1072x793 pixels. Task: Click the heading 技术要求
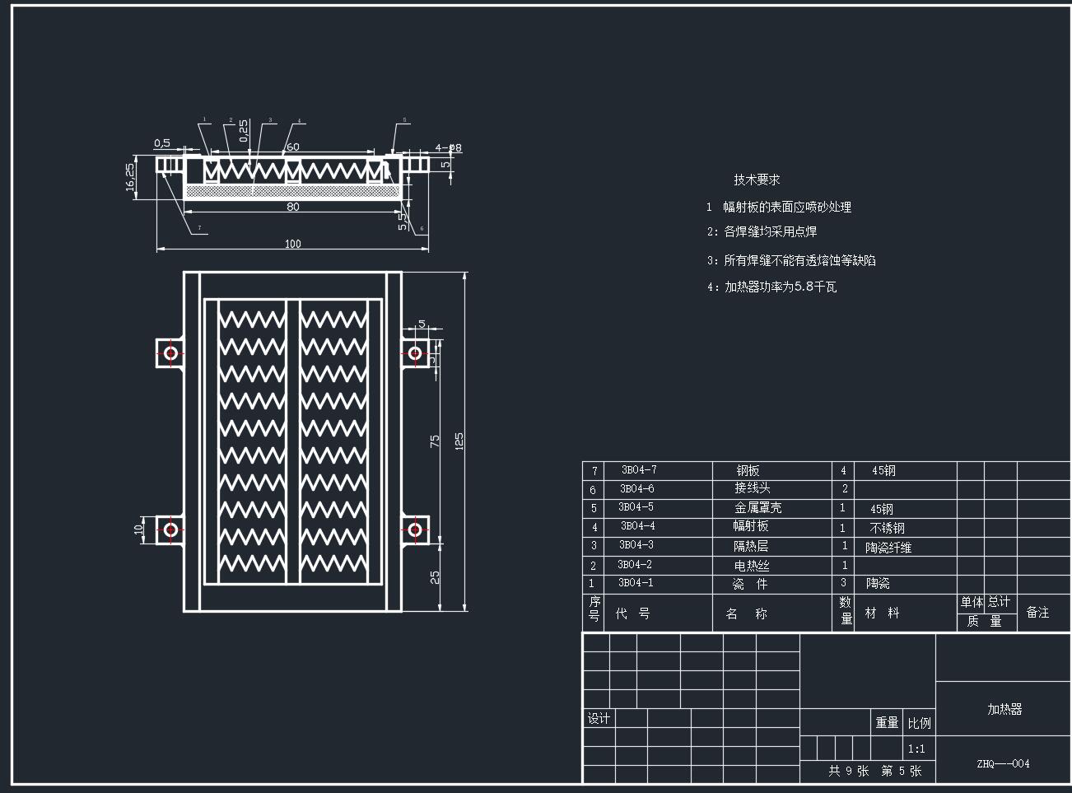point(757,180)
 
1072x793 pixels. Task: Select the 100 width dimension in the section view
point(292,244)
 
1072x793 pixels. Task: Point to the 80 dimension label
point(292,207)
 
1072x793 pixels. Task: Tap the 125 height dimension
point(459,441)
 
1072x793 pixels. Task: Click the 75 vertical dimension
point(435,441)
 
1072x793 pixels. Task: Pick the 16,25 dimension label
point(130,176)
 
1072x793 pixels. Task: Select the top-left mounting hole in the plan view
point(170,353)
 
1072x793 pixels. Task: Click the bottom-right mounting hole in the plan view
point(415,528)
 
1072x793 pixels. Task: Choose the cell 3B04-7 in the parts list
point(638,470)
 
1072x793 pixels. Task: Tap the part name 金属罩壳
point(757,508)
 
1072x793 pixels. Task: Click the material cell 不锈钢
point(887,528)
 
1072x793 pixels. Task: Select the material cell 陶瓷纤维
point(888,547)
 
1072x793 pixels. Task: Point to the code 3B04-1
point(636,583)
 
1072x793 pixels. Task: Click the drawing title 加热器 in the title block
point(1004,709)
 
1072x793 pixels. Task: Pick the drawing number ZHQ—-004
point(1003,763)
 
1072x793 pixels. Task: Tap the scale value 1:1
point(916,749)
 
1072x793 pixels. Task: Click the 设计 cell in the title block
point(599,719)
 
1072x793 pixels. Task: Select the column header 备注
point(1037,613)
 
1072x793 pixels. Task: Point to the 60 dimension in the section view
point(292,147)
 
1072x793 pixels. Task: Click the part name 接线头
point(753,488)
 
